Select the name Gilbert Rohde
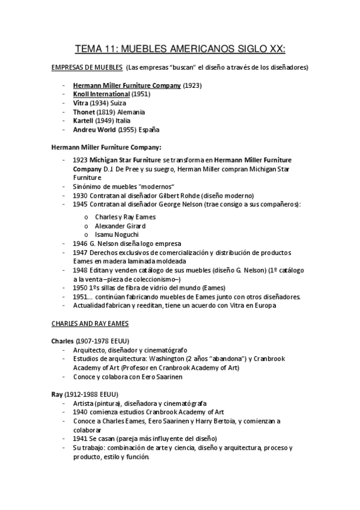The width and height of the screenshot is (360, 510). (178, 195)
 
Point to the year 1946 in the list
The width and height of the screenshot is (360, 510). (81, 243)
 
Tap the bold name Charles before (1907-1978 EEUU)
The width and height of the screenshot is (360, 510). (62, 340)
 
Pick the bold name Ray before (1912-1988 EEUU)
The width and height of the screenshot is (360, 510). (57, 394)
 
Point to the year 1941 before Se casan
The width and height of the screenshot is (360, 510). (81, 438)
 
